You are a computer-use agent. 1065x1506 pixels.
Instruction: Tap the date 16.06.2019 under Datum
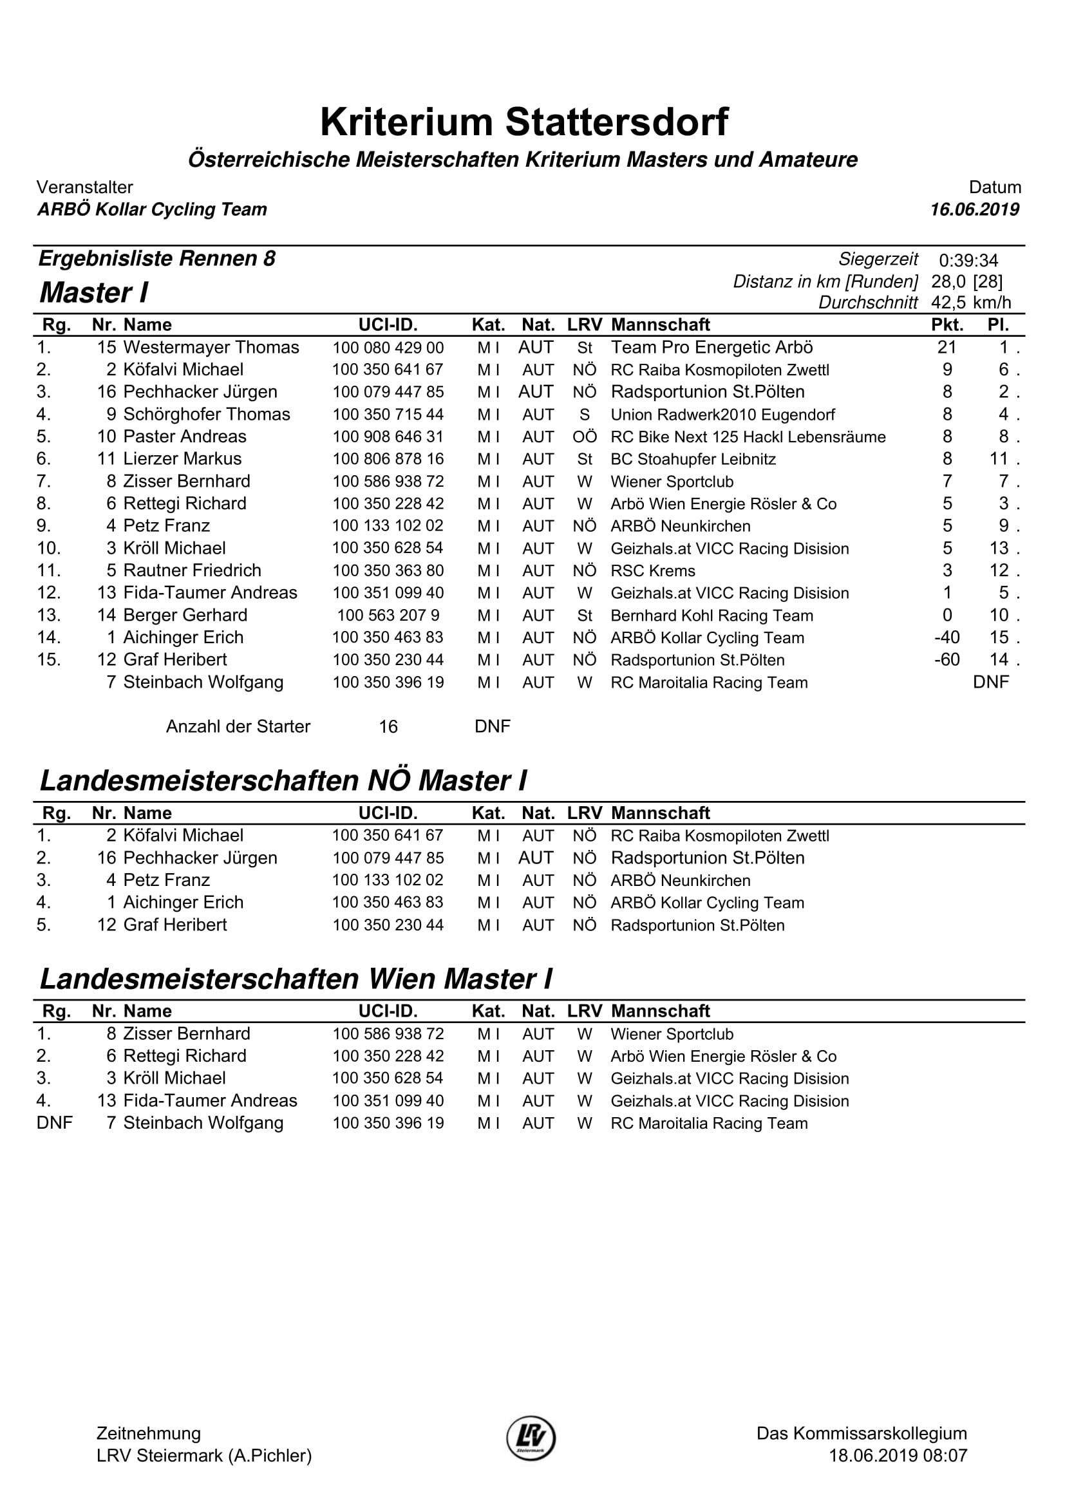tap(974, 209)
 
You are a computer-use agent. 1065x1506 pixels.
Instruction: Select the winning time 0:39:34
tap(968, 260)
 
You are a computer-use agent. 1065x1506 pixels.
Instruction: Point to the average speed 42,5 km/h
tap(970, 303)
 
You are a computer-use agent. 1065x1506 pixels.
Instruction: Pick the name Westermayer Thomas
tap(211, 347)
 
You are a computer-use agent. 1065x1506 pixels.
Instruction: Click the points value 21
tap(947, 347)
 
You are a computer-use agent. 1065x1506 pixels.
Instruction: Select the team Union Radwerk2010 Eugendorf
tap(722, 415)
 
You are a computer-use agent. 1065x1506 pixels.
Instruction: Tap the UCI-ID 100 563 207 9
tap(388, 616)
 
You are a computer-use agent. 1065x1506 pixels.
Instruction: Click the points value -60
tap(947, 659)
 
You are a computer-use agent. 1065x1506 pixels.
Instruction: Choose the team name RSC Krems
tap(652, 570)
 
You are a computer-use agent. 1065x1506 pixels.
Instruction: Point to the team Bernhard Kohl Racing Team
tap(712, 616)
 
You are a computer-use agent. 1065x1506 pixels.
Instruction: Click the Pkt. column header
tap(947, 325)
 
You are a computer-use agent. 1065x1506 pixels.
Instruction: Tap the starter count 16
tap(388, 726)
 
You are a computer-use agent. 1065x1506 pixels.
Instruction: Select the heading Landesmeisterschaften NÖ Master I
tap(283, 780)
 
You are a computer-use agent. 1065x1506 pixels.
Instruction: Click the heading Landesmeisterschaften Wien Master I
tap(296, 979)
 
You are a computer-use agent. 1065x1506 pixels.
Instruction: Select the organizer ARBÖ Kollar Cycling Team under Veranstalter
tap(152, 209)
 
